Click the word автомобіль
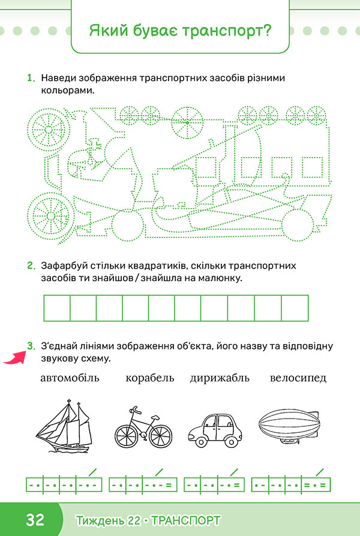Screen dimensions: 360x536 pos(70,378)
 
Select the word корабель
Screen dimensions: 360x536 pos(150,378)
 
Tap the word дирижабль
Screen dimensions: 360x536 pos(220,378)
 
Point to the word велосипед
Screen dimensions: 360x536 pos(298,378)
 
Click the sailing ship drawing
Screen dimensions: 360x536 pos(65,426)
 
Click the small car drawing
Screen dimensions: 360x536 pos(215,430)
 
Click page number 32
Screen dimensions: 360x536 pos(35,520)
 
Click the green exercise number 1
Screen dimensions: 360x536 pos(31,78)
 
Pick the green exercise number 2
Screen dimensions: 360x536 pos(31,266)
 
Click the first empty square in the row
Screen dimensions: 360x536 pos(57,308)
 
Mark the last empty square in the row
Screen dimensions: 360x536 pos(295,308)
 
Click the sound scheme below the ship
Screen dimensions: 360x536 pos(64,484)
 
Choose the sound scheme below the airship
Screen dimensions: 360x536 pos(291,484)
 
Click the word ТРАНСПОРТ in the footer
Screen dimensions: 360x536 pos(185,520)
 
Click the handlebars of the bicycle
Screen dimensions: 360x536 pos(135,409)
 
